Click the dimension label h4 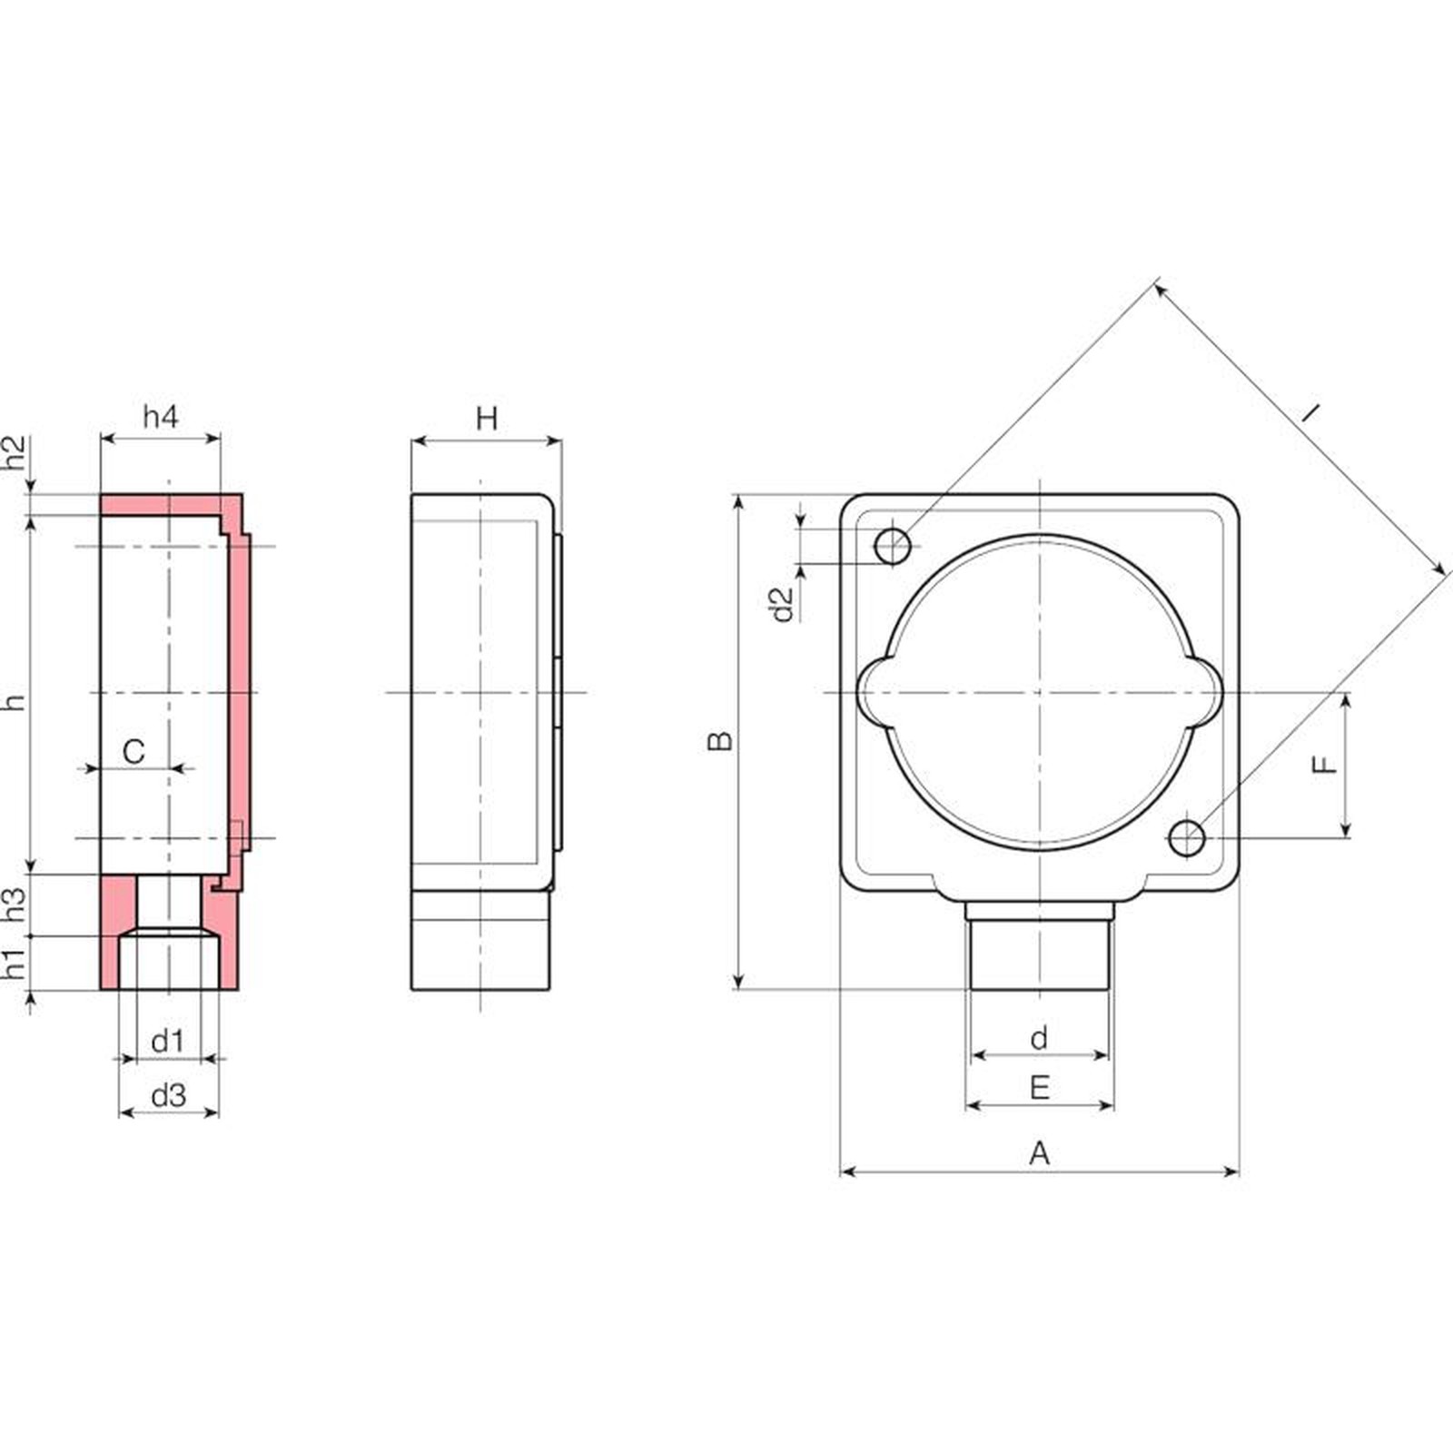(x=161, y=416)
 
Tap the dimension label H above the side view (x=487, y=419)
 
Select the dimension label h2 (x=15, y=452)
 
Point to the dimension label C (x=133, y=752)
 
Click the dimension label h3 (x=15, y=904)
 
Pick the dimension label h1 (x=15, y=964)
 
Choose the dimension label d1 (x=167, y=1041)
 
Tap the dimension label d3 (x=168, y=1095)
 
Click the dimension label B (x=720, y=741)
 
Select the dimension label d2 (x=782, y=604)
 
